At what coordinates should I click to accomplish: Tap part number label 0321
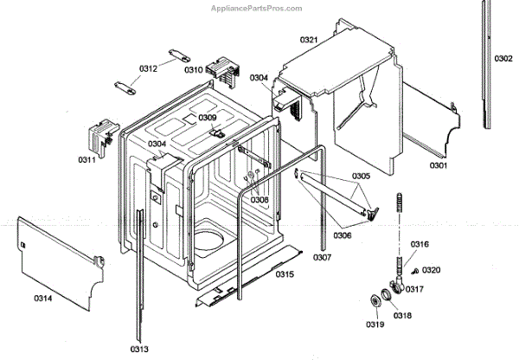[285, 40]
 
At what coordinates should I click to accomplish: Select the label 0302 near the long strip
[503, 59]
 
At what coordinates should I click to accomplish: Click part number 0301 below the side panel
[439, 165]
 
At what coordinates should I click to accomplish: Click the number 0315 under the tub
[285, 274]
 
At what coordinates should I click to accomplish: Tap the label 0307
[322, 258]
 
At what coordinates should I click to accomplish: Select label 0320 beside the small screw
[432, 270]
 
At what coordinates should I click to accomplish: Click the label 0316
[420, 245]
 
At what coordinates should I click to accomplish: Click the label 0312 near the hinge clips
[148, 68]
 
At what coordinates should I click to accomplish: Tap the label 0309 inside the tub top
[208, 118]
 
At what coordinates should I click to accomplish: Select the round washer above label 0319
[376, 300]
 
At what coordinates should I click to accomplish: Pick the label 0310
[193, 70]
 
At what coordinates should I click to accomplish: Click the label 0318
[403, 317]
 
